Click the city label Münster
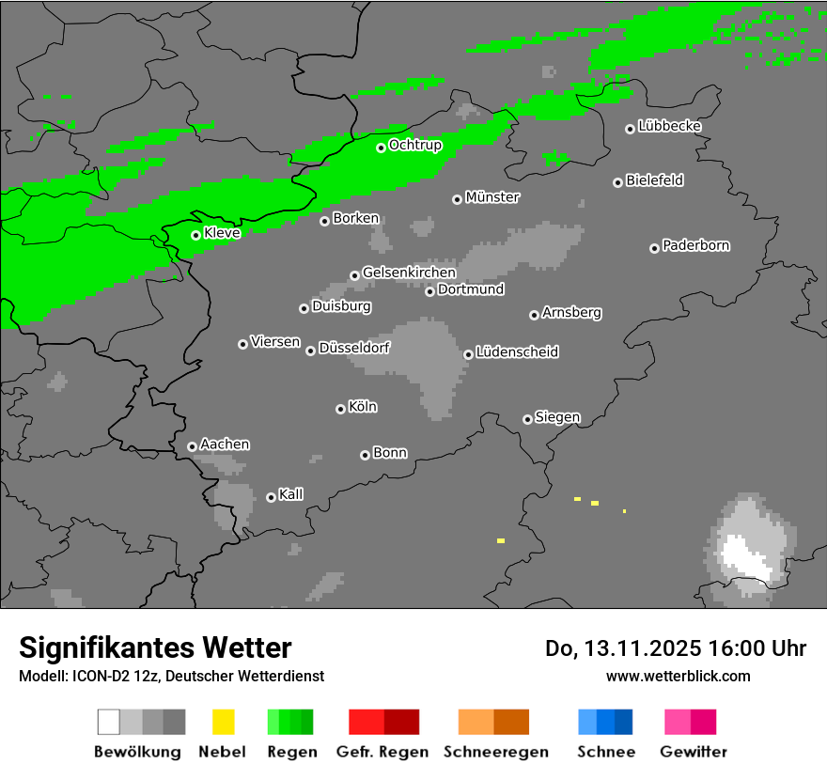[492, 197]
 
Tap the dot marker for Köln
[340, 409]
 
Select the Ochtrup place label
[415, 146]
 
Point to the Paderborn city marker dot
[654, 248]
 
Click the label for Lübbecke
[669, 126]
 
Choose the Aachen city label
[225, 445]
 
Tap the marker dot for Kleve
[195, 235]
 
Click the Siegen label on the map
[557, 417]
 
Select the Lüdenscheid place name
[517, 352]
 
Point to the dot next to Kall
[271, 497]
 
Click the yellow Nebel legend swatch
[223, 722]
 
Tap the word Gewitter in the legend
[694, 752]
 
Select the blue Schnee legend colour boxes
[605, 722]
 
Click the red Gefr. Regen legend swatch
[383, 722]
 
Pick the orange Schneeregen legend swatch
[493, 722]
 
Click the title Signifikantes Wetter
[155, 647]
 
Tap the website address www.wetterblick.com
[678, 676]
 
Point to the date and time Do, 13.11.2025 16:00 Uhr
[675, 648]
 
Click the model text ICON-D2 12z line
[171, 676]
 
